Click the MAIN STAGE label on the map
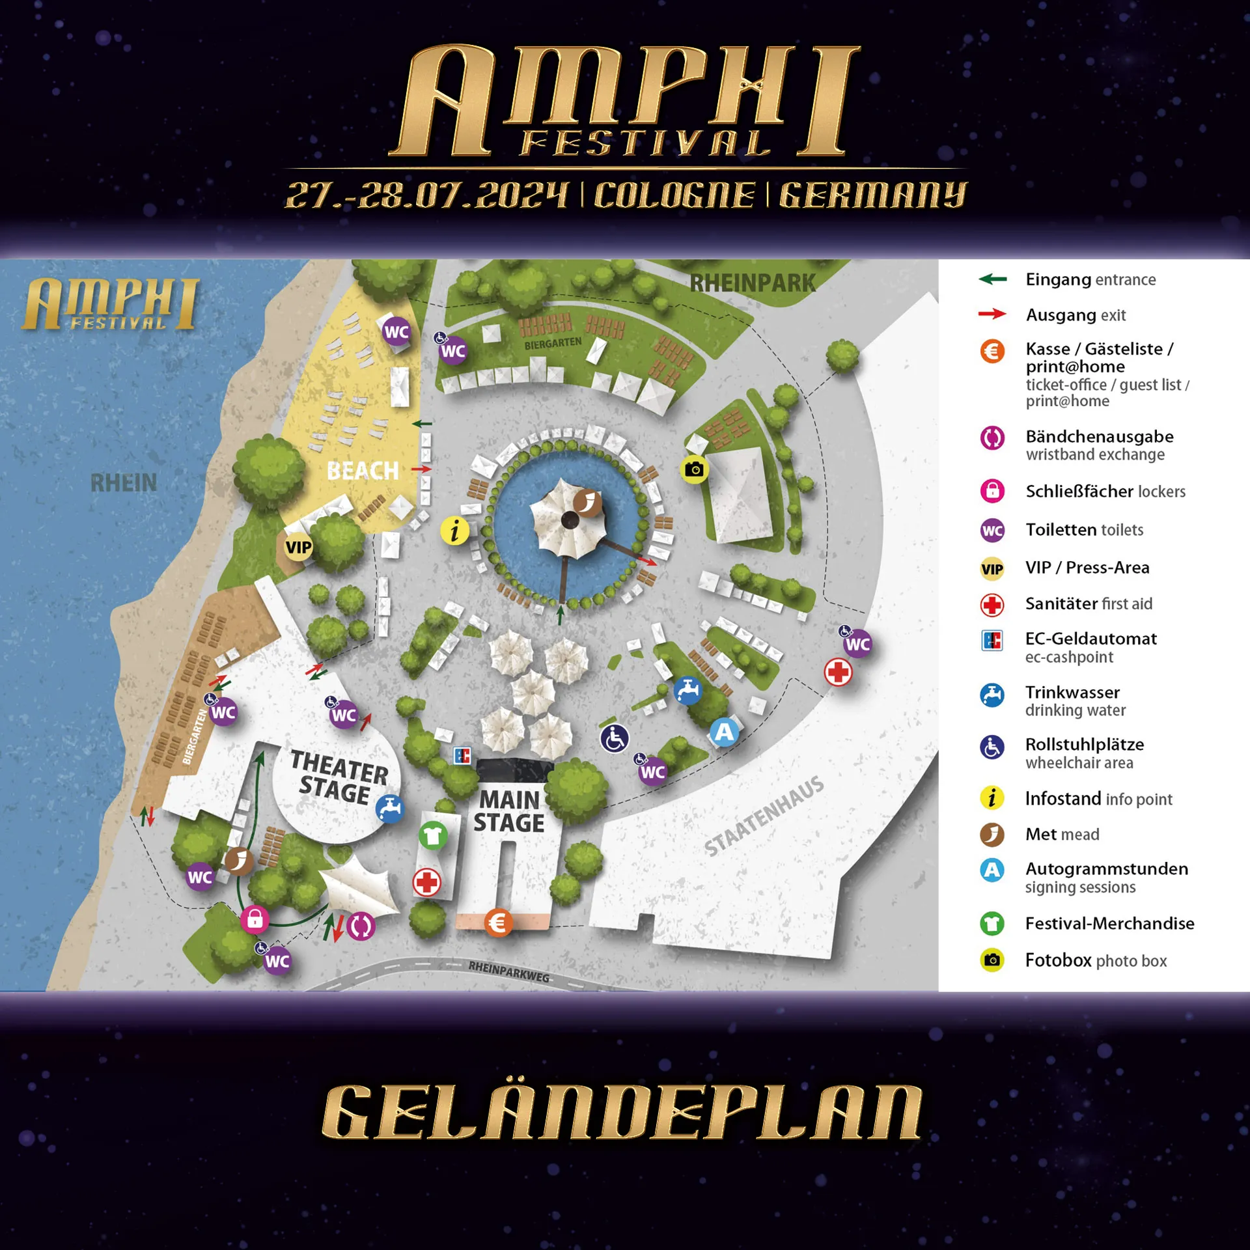point(509,811)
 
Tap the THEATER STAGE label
point(338,777)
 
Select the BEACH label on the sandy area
point(363,471)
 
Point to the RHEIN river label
point(124,483)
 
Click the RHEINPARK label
point(753,283)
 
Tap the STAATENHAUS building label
point(764,816)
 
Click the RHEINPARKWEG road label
point(508,971)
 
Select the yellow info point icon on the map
point(454,531)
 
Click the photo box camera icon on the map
point(695,469)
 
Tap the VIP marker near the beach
point(298,547)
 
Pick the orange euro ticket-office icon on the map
point(498,923)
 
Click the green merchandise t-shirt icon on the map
point(432,835)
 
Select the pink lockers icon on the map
point(255,919)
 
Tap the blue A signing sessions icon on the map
point(724,732)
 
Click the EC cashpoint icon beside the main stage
point(462,756)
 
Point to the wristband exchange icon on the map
point(361,926)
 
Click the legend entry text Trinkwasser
point(1072,692)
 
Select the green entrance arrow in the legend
point(992,279)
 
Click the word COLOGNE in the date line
point(674,195)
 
